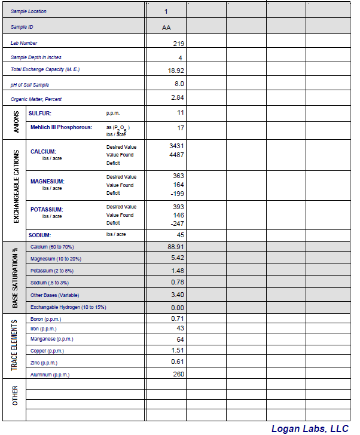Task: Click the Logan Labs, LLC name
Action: click(309, 428)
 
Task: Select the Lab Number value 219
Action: click(178, 44)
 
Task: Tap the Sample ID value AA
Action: click(166, 27)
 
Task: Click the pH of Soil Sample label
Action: click(30, 85)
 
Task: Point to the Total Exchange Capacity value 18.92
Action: click(176, 71)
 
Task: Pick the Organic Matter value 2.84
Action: click(177, 97)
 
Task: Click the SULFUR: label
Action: click(40, 113)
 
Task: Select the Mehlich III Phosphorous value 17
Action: click(180, 128)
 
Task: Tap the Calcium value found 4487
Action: click(176, 155)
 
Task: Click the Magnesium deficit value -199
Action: click(176, 194)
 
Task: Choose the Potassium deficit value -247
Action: click(176, 223)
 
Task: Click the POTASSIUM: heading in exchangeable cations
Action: click(47, 210)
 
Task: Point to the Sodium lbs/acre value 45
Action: click(180, 235)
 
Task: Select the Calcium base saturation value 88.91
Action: click(176, 246)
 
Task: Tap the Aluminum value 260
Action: click(178, 374)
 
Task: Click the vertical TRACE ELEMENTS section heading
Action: click(15, 345)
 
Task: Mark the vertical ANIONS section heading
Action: click(16, 121)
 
